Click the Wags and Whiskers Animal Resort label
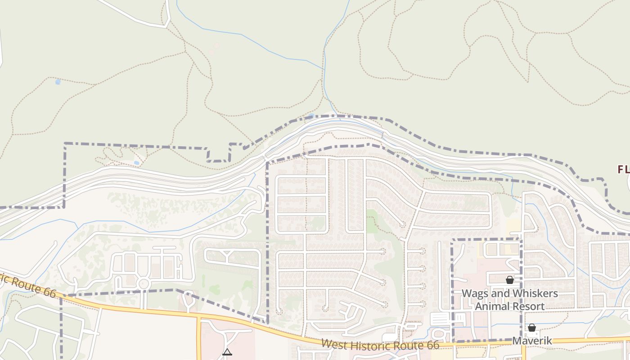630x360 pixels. point(509,300)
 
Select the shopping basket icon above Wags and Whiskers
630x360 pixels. point(509,280)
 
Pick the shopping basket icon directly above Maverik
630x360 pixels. point(531,328)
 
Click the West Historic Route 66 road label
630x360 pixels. point(380,345)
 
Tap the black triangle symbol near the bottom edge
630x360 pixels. point(227,352)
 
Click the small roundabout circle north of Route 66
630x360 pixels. point(144,283)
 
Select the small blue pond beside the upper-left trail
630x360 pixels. point(58,82)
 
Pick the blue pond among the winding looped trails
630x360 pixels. point(136,162)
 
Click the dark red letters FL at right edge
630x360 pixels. point(623,170)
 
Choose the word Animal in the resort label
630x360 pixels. point(492,306)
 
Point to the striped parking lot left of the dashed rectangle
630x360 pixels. point(441,319)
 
